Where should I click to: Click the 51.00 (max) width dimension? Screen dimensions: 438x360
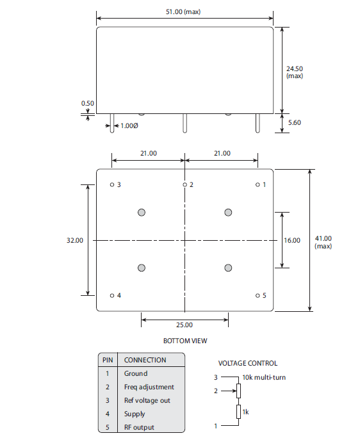pos(183,12)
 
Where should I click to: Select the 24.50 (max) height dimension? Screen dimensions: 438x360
pos(294,71)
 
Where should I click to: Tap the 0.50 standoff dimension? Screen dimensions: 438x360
pos(87,103)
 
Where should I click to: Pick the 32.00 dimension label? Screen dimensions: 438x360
pos(75,240)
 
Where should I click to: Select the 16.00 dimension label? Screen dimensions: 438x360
pos(291,240)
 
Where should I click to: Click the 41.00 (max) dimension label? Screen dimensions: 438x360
pos(323,241)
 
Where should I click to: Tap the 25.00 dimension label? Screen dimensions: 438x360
pos(184,325)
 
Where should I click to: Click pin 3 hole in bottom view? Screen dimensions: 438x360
pos(112,184)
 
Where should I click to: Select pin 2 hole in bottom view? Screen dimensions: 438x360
pos(184,184)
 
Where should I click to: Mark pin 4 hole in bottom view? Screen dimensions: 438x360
pos(112,295)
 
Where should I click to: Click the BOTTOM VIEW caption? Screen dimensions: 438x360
pos(185,341)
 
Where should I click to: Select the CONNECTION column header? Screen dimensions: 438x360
pos(145,360)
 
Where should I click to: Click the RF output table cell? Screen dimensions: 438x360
pos(139,427)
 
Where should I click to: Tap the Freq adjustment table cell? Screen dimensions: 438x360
pos(149,387)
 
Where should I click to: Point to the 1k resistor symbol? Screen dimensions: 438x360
pos(238,411)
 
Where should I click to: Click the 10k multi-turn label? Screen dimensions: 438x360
pos(264,377)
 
